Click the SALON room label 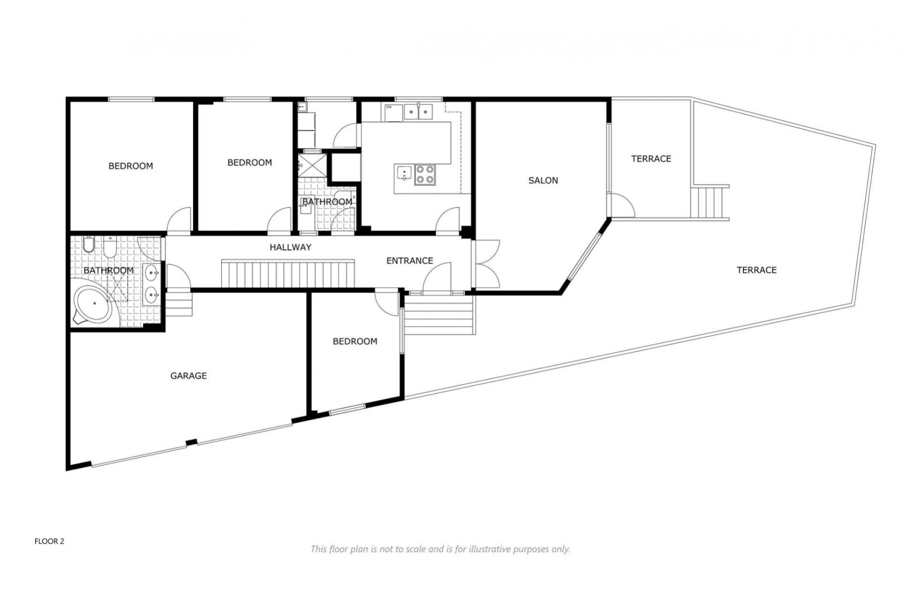click(x=543, y=181)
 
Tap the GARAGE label click(x=188, y=376)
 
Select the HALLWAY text click(x=290, y=247)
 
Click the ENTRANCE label click(x=409, y=261)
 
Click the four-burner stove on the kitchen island click(x=425, y=174)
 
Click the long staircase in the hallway click(x=288, y=274)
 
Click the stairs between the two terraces click(x=709, y=203)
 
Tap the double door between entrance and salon click(x=486, y=264)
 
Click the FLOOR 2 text click(x=49, y=541)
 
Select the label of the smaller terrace click(x=651, y=159)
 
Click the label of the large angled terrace click(x=756, y=270)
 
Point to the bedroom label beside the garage click(x=355, y=342)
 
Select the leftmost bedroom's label click(x=131, y=166)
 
